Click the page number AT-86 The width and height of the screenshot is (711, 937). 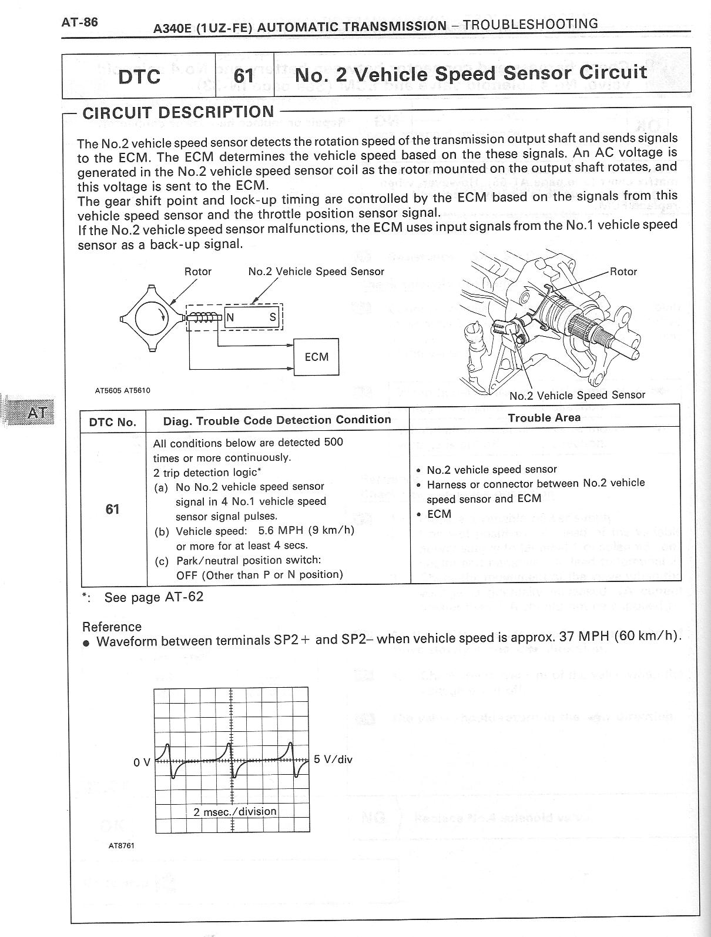(x=80, y=22)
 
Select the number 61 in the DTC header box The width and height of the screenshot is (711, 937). (x=244, y=76)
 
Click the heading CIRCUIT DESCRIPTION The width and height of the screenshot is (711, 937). (x=178, y=112)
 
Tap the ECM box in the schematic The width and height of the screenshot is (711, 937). (x=317, y=357)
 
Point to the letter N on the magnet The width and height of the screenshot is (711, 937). (x=230, y=318)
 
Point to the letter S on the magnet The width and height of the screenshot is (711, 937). (x=273, y=318)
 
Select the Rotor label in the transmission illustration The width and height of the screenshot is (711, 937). (x=623, y=272)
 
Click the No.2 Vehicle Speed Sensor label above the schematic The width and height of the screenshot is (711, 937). (x=316, y=272)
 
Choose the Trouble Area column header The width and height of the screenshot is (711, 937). (x=544, y=418)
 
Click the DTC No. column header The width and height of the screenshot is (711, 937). (x=113, y=422)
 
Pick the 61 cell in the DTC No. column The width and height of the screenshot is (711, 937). (x=112, y=509)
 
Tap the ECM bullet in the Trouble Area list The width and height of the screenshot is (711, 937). (x=439, y=514)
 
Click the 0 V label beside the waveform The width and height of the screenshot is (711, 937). (x=142, y=762)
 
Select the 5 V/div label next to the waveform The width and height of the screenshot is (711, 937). (x=333, y=759)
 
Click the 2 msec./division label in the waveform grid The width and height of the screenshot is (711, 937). (x=235, y=811)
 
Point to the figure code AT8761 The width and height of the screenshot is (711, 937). (x=121, y=846)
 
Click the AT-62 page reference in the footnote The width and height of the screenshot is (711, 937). (x=184, y=597)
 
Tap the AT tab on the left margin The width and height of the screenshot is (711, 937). (x=37, y=412)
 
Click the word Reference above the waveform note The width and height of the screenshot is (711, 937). (x=112, y=627)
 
